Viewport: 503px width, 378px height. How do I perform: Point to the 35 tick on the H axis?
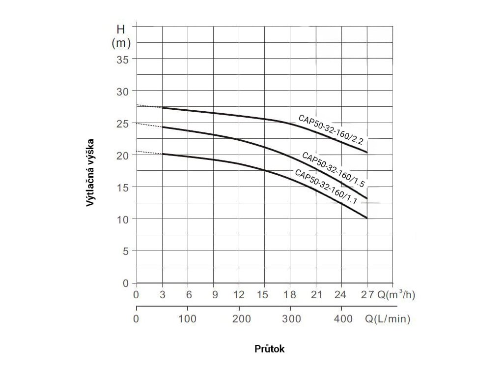click(x=123, y=59)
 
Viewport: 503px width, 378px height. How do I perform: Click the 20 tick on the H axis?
click(x=123, y=155)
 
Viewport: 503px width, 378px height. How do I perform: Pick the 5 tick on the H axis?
click(x=126, y=251)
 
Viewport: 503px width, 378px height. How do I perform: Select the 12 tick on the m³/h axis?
click(x=239, y=295)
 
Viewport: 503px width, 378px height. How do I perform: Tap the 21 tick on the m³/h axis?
click(x=316, y=295)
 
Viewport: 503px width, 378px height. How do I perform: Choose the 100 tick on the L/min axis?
click(x=187, y=319)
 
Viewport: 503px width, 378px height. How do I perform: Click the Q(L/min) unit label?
click(x=388, y=319)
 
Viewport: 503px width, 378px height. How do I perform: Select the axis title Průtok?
click(x=270, y=349)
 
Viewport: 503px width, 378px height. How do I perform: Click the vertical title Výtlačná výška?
click(x=90, y=172)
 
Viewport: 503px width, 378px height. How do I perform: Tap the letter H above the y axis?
click(x=121, y=30)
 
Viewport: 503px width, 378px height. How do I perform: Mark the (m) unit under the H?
click(x=121, y=43)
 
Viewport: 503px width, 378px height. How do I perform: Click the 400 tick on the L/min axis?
click(x=343, y=319)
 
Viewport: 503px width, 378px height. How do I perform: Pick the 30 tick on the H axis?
click(x=123, y=91)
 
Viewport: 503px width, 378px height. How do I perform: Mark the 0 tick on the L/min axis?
click(x=136, y=319)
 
